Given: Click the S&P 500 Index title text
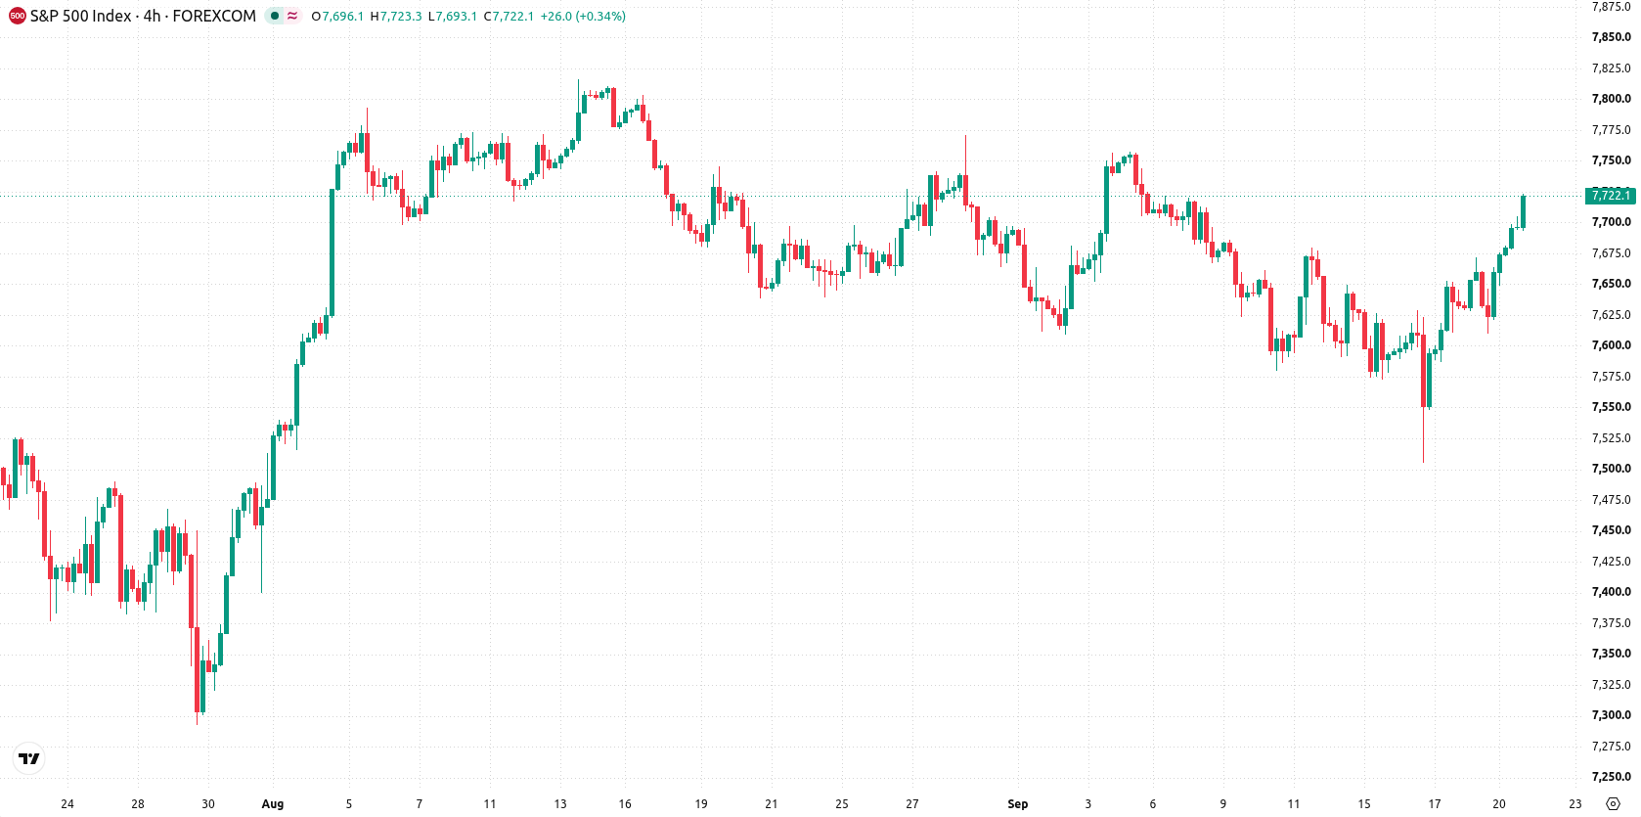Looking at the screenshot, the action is (x=80, y=16).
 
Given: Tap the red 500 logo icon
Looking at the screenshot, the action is (x=17, y=16).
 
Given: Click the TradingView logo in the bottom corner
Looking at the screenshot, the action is (x=29, y=758).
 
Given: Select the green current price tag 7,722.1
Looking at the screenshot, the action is (x=1611, y=196).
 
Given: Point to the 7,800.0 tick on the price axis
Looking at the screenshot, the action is (x=1611, y=99).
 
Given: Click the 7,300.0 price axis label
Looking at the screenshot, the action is (x=1611, y=715).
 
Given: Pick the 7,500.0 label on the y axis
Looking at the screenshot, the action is (x=1611, y=469).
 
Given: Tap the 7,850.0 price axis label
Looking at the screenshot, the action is (x=1611, y=37).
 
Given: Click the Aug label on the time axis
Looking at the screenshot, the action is (x=273, y=804).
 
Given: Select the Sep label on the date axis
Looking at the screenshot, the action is (x=1018, y=804).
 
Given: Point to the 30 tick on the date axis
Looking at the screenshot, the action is (x=208, y=804).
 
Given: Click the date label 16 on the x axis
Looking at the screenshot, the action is (x=625, y=804).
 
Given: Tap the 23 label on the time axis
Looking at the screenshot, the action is (x=1575, y=804).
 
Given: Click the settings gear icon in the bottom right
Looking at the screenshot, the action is (x=1614, y=804).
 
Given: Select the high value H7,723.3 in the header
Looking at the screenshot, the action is (x=396, y=16).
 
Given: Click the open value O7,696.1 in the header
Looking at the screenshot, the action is (x=337, y=16).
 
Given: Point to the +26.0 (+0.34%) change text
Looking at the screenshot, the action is (x=583, y=16).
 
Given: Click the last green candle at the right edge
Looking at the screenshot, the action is (x=1523, y=211).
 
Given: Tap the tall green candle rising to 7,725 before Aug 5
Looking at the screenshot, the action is (x=332, y=252).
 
